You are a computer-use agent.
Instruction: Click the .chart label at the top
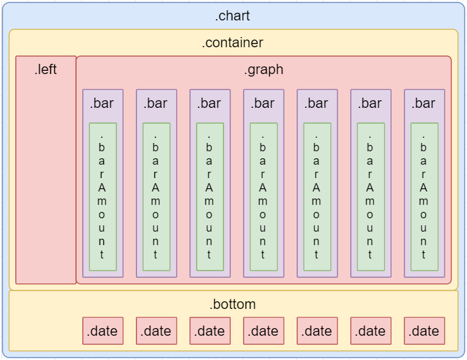[232, 17]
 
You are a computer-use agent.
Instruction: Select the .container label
[232, 43]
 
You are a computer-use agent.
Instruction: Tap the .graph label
[263, 70]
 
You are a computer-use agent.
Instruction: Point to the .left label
[46, 70]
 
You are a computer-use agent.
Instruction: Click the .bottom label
[232, 304]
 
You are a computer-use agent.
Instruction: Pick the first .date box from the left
[103, 331]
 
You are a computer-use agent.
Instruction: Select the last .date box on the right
[424, 331]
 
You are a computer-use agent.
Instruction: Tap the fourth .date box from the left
[263, 331]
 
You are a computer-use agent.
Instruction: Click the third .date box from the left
[210, 331]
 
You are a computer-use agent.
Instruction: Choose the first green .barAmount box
[103, 197]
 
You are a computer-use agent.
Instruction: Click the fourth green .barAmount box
[263, 197]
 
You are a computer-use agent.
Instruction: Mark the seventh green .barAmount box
[424, 197]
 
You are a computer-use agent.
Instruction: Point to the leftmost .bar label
[102, 103]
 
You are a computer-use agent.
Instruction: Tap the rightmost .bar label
[424, 103]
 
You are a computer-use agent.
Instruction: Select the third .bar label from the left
[209, 103]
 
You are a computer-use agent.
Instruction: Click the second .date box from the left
[156, 331]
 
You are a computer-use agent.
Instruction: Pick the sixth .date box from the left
[371, 331]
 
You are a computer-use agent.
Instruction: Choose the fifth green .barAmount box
[317, 197]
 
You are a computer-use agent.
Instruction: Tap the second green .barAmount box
[156, 197]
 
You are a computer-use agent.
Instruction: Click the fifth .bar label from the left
[316, 103]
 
